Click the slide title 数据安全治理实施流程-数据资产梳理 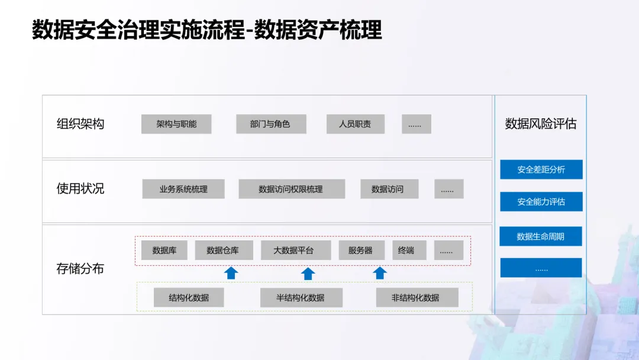(x=207, y=30)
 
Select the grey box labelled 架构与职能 (x=176, y=124)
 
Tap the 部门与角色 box (x=270, y=124)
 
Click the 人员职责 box (x=355, y=124)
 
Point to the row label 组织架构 (x=80, y=124)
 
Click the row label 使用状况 (x=80, y=189)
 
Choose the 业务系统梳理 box (x=183, y=189)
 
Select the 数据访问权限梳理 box (x=291, y=189)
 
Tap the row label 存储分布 (x=80, y=269)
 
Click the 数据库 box (x=164, y=250)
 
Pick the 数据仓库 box (x=223, y=250)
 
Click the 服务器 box (x=360, y=250)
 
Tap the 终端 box (x=406, y=250)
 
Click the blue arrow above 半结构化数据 (x=308, y=274)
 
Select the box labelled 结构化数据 (x=189, y=298)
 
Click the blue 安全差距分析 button (x=541, y=170)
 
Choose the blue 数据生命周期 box (x=541, y=237)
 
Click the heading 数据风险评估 (x=540, y=124)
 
